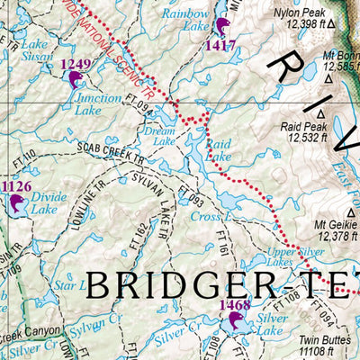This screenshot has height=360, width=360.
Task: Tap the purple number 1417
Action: pos(220,45)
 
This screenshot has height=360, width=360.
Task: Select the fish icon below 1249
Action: pos(74,79)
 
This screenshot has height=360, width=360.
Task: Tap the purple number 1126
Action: pos(16,187)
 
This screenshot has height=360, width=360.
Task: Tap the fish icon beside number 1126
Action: pos(14,205)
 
